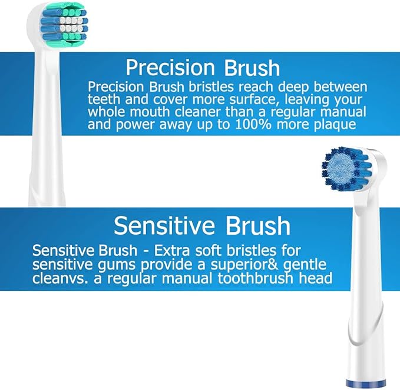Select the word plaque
(341, 124)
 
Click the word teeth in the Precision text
(107, 99)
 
